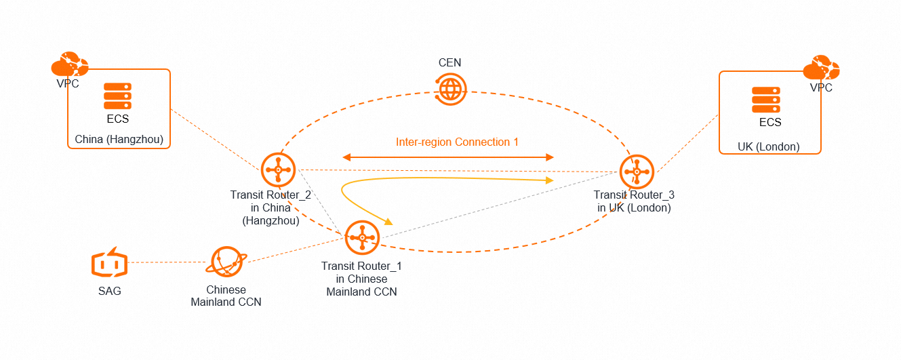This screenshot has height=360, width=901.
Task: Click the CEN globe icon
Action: click(x=450, y=89)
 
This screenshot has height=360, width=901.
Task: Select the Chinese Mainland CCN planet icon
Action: click(x=226, y=262)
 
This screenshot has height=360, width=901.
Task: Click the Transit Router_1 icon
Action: click(x=362, y=237)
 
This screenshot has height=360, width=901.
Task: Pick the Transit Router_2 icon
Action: click(x=278, y=170)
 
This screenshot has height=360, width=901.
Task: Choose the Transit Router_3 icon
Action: click(x=637, y=172)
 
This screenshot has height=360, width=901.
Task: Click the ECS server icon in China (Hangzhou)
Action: click(x=117, y=96)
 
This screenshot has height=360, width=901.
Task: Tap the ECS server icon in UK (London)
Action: click(x=766, y=100)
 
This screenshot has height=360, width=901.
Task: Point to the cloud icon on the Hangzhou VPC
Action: click(x=70, y=64)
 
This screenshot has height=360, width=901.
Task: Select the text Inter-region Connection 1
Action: click(x=457, y=142)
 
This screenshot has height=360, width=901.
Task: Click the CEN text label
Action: click(x=449, y=62)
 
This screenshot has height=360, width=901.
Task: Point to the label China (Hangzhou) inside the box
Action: click(x=119, y=140)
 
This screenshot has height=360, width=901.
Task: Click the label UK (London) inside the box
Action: click(x=768, y=146)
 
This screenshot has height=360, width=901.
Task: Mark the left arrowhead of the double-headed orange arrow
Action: click(x=336, y=157)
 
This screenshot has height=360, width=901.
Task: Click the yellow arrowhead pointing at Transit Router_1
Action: click(x=389, y=222)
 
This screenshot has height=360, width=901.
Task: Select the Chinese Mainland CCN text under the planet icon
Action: click(x=226, y=296)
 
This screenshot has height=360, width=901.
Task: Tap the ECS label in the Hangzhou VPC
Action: click(x=117, y=119)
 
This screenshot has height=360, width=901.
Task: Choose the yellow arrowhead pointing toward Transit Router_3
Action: click(x=550, y=180)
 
